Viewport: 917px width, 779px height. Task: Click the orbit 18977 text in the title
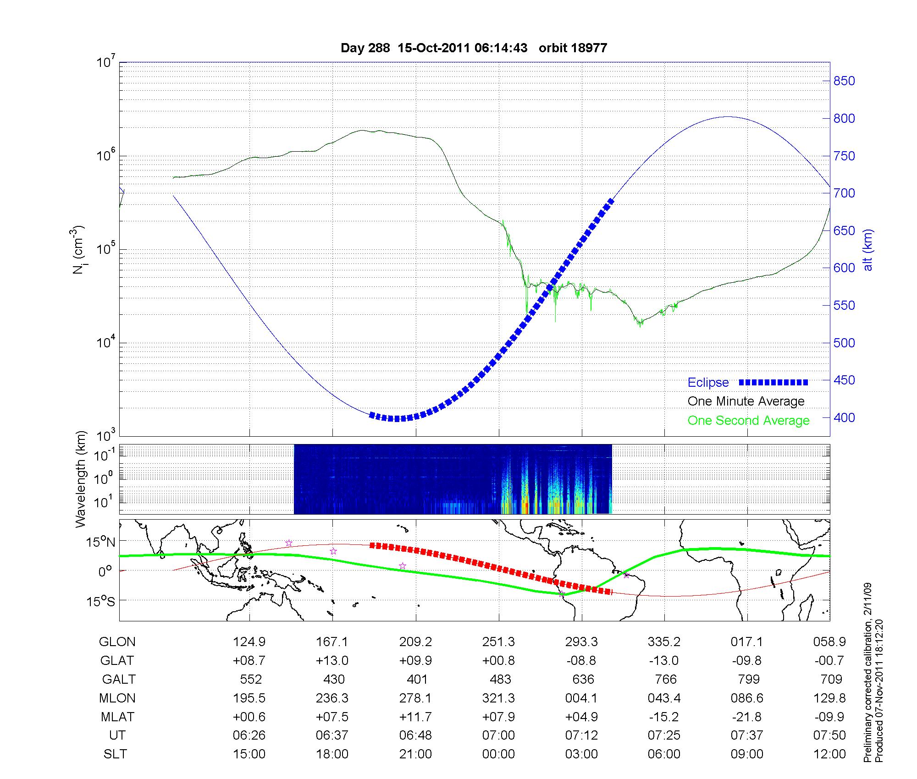tap(573, 48)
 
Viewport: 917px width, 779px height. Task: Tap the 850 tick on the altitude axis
tap(844, 81)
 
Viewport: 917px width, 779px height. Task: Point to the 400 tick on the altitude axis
tap(844, 417)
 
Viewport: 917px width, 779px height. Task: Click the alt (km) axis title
tap(868, 250)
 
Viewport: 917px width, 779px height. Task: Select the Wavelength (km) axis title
tap(81, 479)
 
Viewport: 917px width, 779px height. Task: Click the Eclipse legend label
tap(708, 383)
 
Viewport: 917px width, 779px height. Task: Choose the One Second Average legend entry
tap(748, 421)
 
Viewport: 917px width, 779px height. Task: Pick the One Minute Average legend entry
tap(746, 401)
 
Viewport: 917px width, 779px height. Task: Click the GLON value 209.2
tap(415, 642)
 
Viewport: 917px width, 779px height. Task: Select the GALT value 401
tap(417, 679)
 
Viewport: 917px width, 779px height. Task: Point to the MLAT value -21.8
tap(747, 717)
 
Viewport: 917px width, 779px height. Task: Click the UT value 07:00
tap(498, 735)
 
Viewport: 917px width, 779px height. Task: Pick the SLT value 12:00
tap(829, 754)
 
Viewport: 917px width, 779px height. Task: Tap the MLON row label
tap(117, 698)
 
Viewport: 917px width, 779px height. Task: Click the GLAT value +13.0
tap(332, 660)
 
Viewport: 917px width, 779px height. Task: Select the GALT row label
tap(119, 679)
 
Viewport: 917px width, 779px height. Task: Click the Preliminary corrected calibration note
tap(867, 674)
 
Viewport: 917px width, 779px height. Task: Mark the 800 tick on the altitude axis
tap(844, 119)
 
